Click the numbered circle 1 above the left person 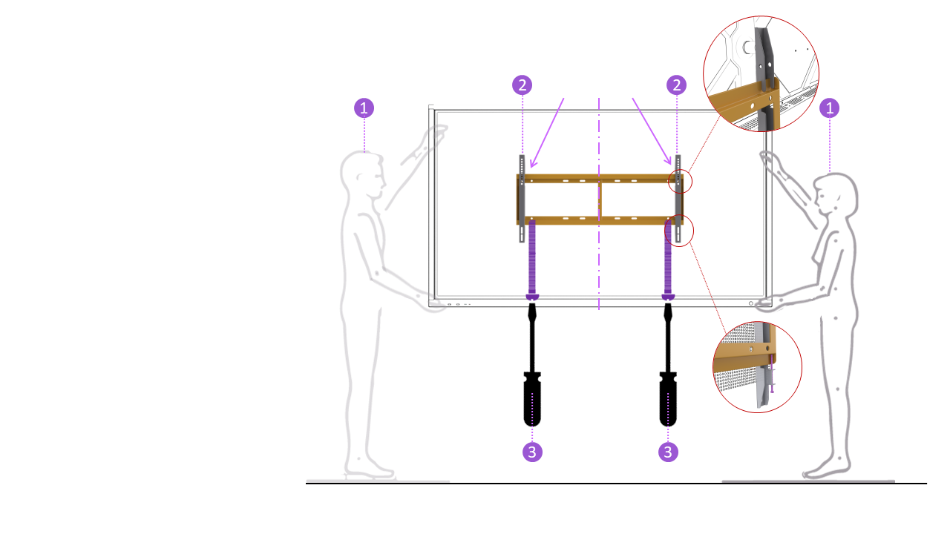[364, 108]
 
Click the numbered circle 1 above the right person [829, 108]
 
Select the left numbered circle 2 [522, 85]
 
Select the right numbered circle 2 [676, 85]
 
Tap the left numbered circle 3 [532, 452]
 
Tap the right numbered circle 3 [668, 452]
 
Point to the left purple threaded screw [532, 260]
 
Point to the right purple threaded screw [668, 260]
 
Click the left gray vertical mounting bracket [522, 198]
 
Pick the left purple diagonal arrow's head [533, 164]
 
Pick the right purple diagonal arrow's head [669, 161]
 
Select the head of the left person [363, 174]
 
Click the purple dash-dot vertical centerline [599, 204]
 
